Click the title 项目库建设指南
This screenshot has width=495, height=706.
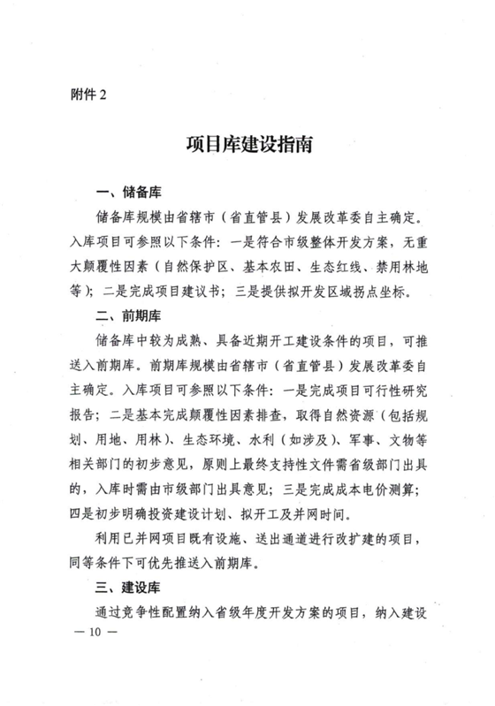(247, 145)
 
